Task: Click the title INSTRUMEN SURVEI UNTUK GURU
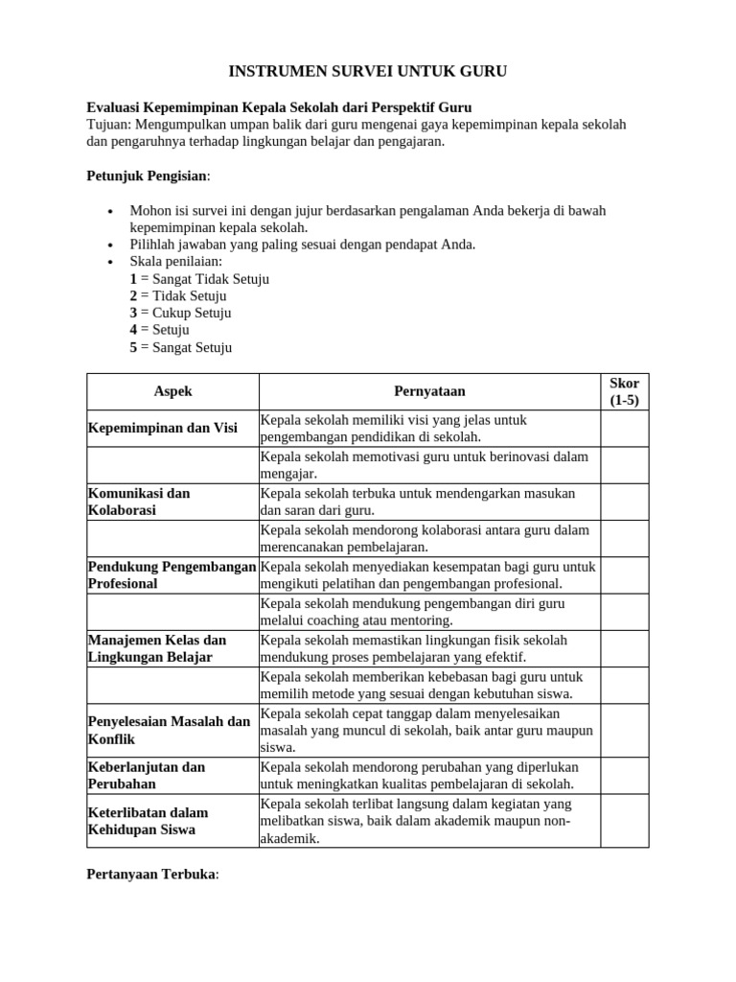(367, 71)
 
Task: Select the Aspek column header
(172, 391)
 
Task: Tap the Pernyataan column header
(429, 391)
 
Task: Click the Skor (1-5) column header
(624, 391)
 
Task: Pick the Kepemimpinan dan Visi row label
(163, 428)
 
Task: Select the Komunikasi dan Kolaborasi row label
(139, 502)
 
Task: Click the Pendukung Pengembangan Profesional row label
(172, 574)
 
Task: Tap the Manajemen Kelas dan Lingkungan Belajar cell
(157, 648)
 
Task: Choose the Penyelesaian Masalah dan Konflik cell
(169, 730)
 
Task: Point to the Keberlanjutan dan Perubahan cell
(147, 775)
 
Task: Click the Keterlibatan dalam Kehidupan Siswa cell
(149, 821)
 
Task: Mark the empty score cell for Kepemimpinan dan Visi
(624, 429)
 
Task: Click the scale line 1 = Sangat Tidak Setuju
(199, 279)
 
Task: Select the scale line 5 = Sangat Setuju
(181, 347)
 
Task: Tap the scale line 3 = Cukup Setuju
(180, 313)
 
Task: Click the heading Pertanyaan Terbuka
(152, 874)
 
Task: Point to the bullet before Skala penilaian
(111, 262)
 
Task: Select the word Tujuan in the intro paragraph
(109, 125)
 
